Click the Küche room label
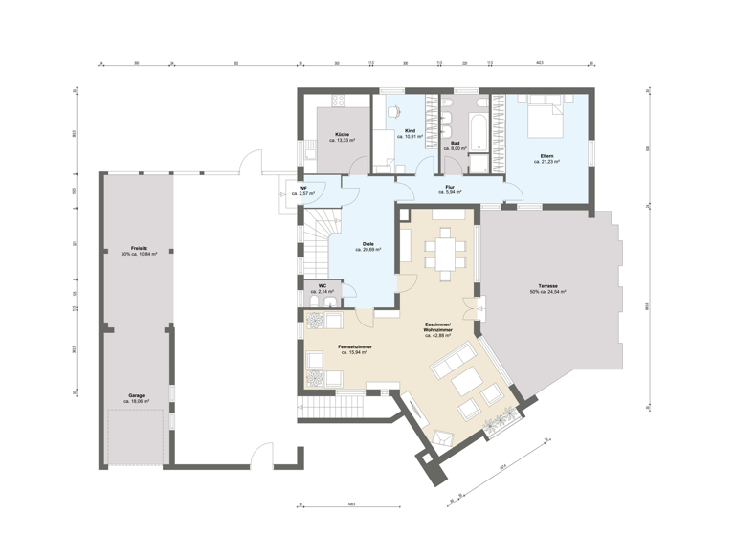[x=342, y=133]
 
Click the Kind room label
[x=410, y=129]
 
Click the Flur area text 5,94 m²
[x=449, y=192]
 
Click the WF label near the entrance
[x=303, y=188]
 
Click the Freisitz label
[x=139, y=248]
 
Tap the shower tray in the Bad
[x=476, y=163]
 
